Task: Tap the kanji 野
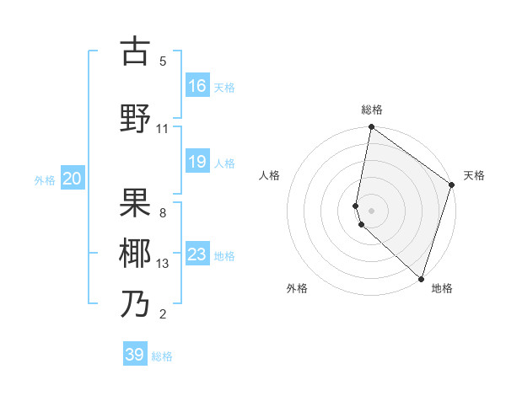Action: [136, 118]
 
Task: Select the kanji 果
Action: [136, 202]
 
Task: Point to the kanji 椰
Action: [136, 253]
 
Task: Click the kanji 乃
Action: [136, 303]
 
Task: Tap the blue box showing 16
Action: [197, 86]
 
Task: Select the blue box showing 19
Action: [197, 162]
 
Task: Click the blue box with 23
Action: [197, 254]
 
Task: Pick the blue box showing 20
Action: [73, 179]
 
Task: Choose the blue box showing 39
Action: [135, 355]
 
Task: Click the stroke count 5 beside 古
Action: [163, 62]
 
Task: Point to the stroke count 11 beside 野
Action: [163, 129]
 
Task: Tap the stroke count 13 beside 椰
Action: [163, 264]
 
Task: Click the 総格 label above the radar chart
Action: [372, 110]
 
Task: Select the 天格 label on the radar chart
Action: [474, 175]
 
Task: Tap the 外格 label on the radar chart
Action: [297, 288]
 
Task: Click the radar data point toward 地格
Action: [420, 279]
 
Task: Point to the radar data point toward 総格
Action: [371, 128]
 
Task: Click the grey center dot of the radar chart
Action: [372, 210]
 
